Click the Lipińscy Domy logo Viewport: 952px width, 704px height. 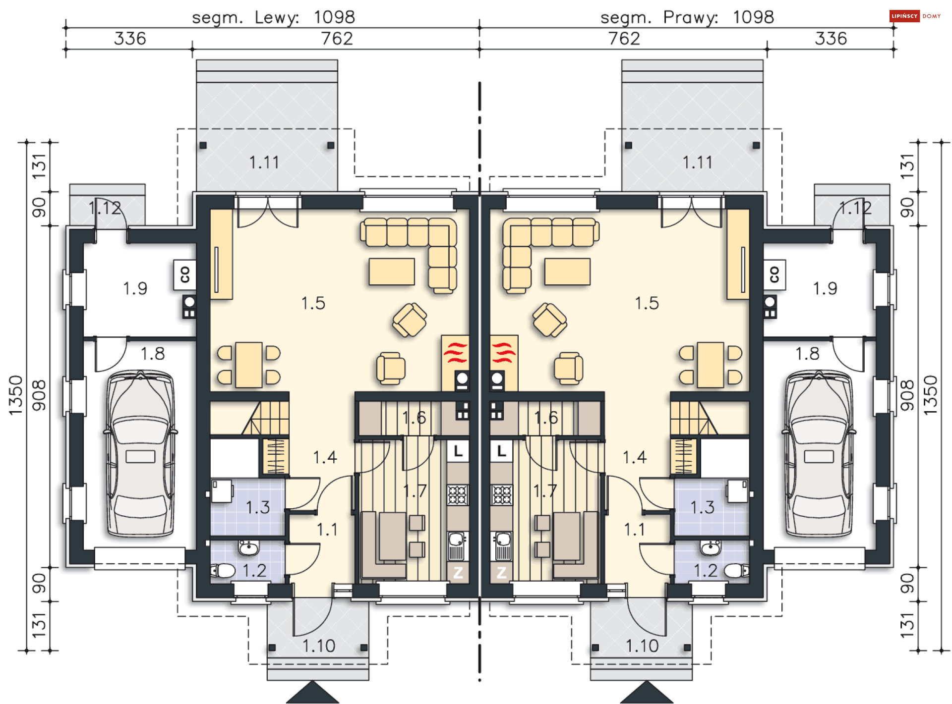[x=915, y=16]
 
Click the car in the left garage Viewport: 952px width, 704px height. [x=141, y=453]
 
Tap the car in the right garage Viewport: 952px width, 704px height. [x=819, y=453]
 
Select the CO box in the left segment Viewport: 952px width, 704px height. [x=185, y=274]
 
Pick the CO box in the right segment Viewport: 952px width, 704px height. [x=774, y=274]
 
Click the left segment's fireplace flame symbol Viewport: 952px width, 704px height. [x=455, y=352]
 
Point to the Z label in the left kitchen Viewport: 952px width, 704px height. [x=458, y=572]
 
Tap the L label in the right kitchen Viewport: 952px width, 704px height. [x=502, y=451]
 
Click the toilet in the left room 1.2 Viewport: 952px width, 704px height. [x=223, y=571]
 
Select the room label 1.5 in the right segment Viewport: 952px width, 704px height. [x=647, y=303]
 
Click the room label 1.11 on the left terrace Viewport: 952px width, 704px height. [x=264, y=162]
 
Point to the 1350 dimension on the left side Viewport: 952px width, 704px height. [x=16, y=395]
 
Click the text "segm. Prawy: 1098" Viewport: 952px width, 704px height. [x=687, y=17]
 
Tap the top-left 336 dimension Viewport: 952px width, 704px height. [x=130, y=39]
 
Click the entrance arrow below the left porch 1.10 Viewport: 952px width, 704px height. [x=312, y=692]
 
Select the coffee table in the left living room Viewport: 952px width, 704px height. [x=392, y=271]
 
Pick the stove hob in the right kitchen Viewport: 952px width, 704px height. [x=502, y=494]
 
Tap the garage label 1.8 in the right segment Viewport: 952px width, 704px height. [x=808, y=354]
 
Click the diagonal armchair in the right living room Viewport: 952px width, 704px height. [x=550, y=320]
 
